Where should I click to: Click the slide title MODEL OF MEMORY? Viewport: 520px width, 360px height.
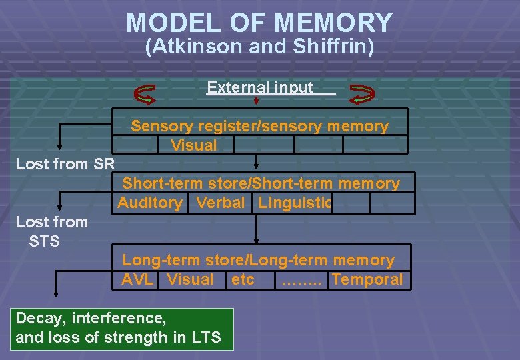tap(259, 23)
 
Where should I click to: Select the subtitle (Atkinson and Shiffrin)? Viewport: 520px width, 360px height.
tap(259, 47)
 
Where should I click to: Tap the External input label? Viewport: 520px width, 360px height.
tap(260, 87)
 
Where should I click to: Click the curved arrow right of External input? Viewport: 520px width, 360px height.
tap(362, 95)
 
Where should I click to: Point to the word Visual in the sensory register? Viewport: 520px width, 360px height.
tap(193, 145)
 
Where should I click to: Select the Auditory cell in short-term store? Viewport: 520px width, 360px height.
tap(150, 203)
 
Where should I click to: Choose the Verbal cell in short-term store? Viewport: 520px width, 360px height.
tap(221, 203)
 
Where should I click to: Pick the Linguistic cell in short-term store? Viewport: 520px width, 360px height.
tap(294, 203)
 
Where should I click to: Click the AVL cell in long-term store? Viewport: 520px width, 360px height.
tap(138, 279)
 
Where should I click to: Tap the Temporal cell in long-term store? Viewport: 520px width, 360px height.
tap(367, 279)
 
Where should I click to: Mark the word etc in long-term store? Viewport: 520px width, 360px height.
tap(242, 279)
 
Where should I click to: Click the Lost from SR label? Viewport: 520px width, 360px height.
tap(65, 164)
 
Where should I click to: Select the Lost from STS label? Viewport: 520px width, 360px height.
tap(51, 231)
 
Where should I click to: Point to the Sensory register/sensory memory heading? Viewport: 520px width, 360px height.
tap(259, 126)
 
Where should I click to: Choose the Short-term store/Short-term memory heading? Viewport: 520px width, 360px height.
tap(261, 183)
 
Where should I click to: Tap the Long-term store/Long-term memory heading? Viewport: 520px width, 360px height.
tap(259, 261)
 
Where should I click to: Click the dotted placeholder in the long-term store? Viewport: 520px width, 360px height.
tap(301, 280)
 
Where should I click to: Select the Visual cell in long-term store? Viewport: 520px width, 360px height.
tap(190, 279)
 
